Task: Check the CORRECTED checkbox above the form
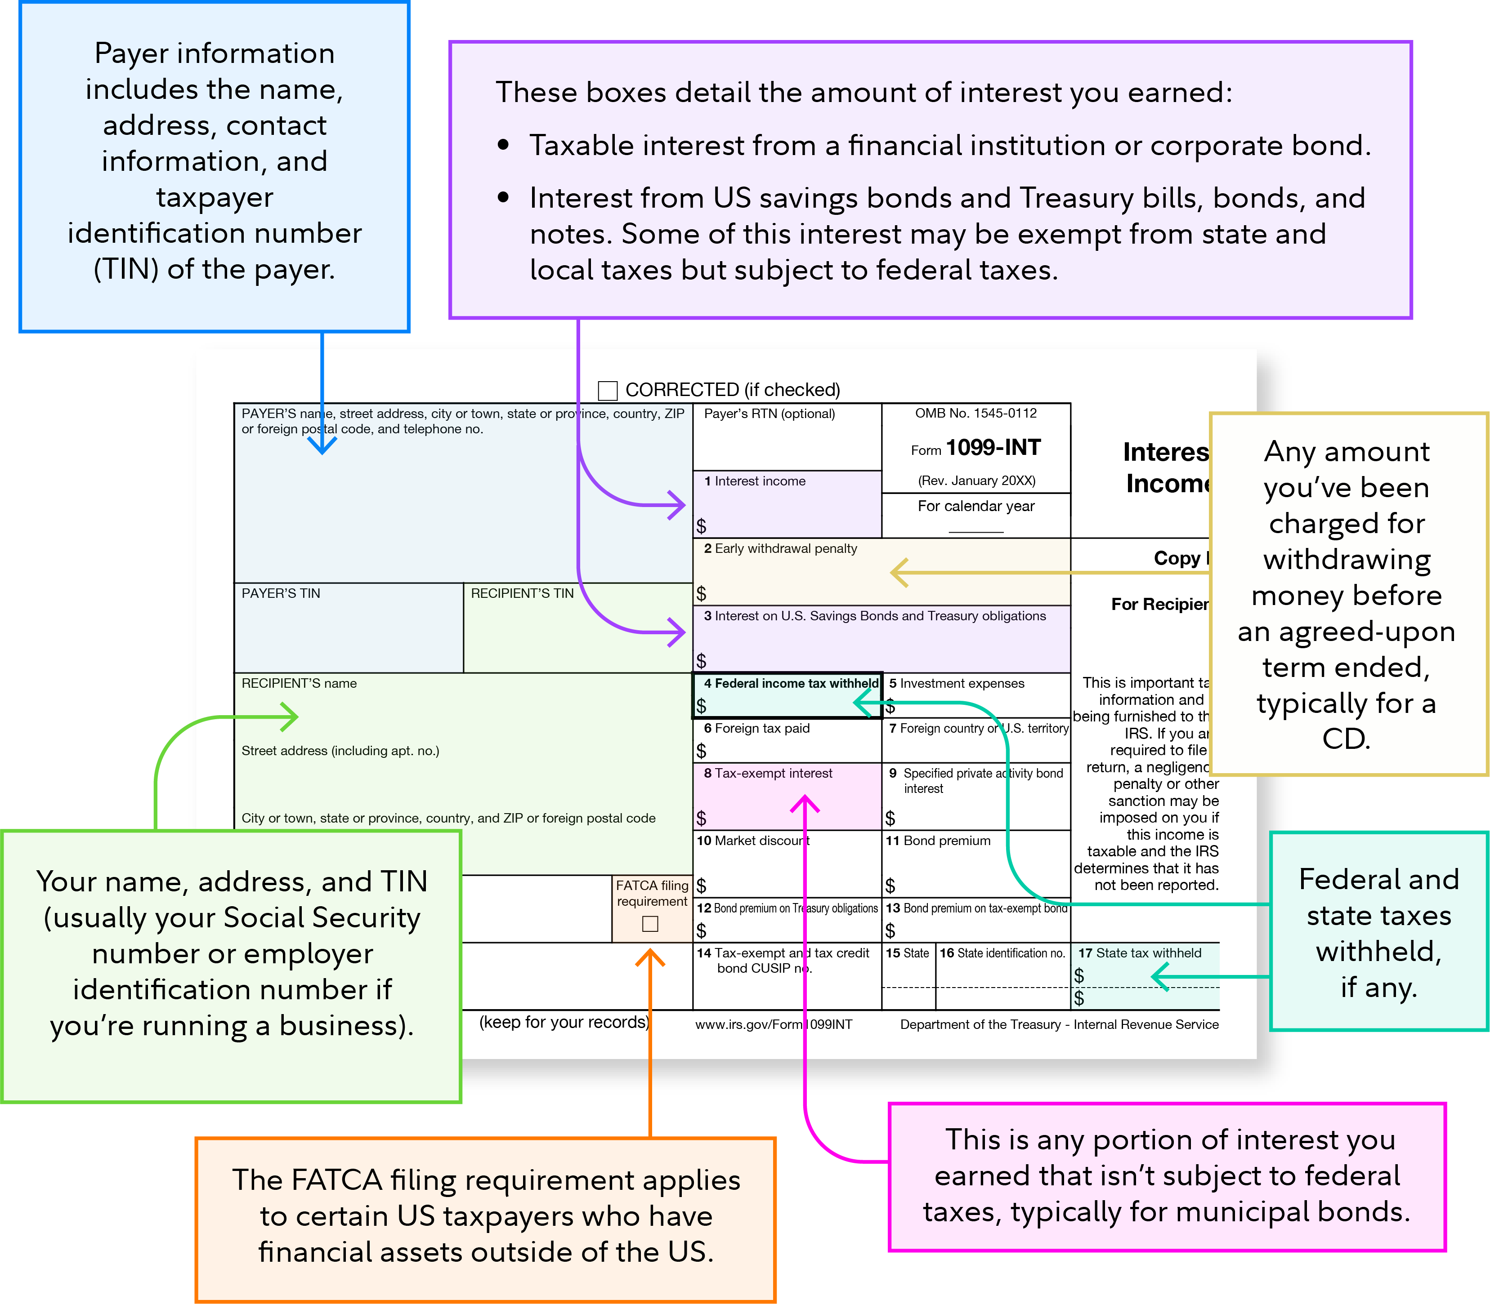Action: (607, 391)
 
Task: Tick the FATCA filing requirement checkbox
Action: (650, 923)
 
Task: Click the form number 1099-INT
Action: (993, 448)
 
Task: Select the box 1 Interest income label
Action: (754, 481)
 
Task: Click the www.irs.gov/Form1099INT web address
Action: (773, 1024)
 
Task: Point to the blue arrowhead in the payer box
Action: (322, 445)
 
